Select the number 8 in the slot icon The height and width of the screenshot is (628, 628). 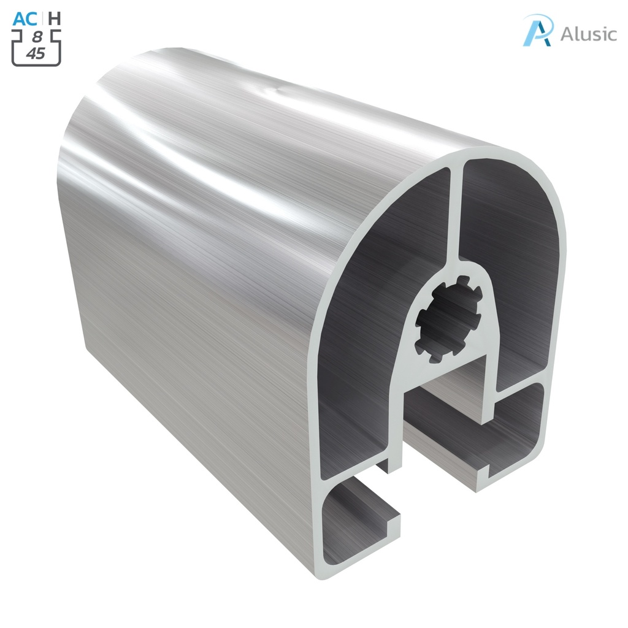coord(37,37)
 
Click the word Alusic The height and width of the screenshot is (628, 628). coord(588,34)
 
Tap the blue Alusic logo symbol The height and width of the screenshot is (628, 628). coord(538,30)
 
